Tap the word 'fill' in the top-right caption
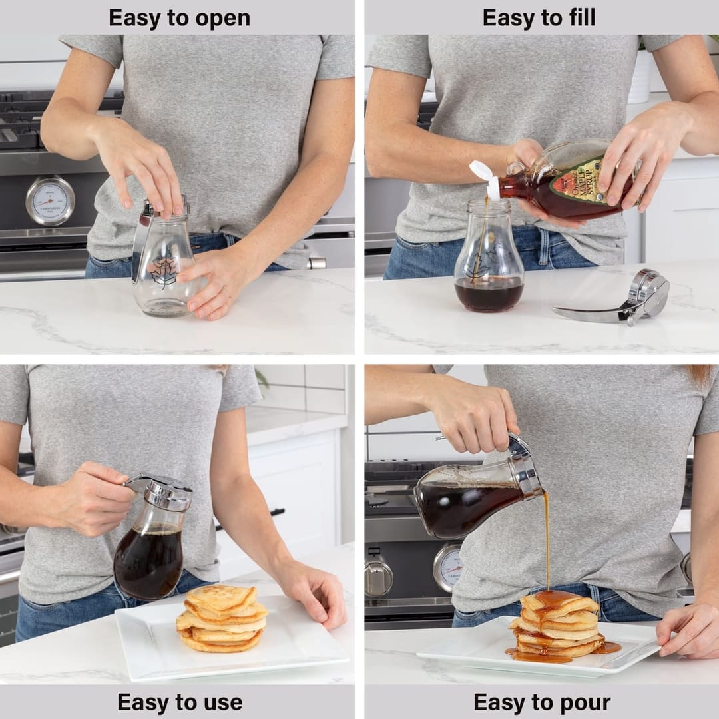[579, 18]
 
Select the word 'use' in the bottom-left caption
[223, 702]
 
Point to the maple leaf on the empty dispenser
[163, 272]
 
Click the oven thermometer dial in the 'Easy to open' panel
[50, 201]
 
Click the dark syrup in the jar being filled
[489, 295]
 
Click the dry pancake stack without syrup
[221, 619]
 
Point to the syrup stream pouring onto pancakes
[547, 539]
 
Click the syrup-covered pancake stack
[558, 626]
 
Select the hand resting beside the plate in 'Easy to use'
[316, 593]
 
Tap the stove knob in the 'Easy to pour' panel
[379, 577]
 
